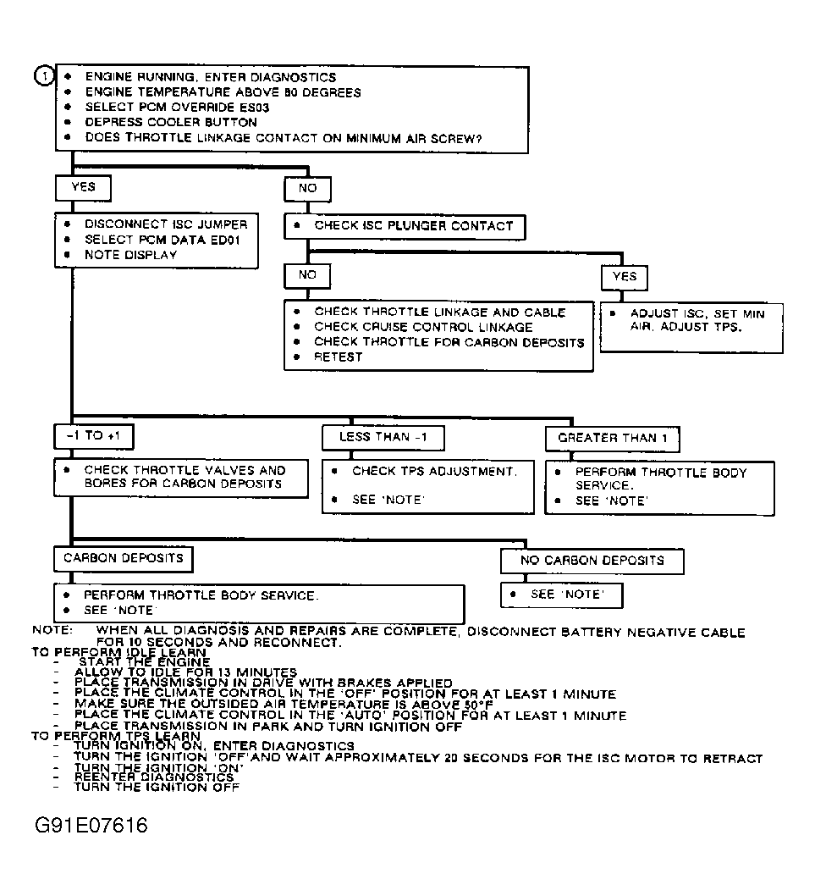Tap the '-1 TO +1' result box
point(94,435)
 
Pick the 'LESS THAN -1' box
point(383,437)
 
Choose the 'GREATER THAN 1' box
point(613,438)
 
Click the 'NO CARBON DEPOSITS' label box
point(592,561)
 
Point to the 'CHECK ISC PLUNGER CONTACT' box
point(405,226)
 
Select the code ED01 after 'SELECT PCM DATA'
point(229,240)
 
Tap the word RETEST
point(339,357)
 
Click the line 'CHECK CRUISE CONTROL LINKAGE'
point(423,327)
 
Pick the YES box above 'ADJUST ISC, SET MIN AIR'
point(624,276)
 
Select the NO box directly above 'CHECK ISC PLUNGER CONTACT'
point(307,187)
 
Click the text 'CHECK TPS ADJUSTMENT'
point(433,471)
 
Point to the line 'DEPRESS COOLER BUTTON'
point(170,123)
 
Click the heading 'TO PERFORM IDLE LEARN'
point(118,653)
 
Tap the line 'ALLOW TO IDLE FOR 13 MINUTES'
point(185,672)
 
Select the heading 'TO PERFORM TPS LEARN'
point(116,737)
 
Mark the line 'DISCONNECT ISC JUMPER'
point(166,224)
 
